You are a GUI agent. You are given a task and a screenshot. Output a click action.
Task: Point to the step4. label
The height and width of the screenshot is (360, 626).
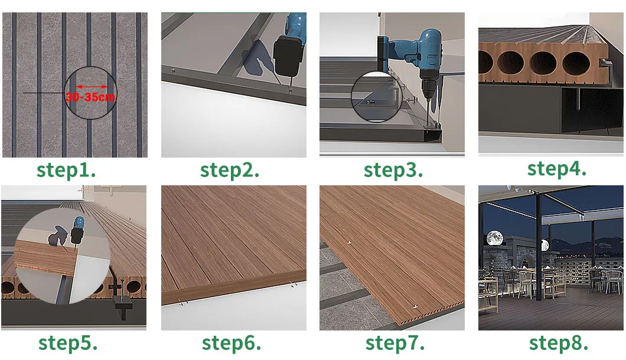click(x=556, y=169)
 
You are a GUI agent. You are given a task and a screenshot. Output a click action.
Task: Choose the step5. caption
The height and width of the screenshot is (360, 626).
click(x=68, y=343)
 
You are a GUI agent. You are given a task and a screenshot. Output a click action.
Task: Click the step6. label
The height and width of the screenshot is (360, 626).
click(x=232, y=343)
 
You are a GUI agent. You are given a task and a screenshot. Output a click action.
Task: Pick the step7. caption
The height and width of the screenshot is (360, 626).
click(x=394, y=343)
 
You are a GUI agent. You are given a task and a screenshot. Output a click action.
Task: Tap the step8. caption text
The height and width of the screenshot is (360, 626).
click(x=558, y=343)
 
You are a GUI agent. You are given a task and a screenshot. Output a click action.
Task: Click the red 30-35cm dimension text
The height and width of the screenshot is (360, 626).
click(x=90, y=97)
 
